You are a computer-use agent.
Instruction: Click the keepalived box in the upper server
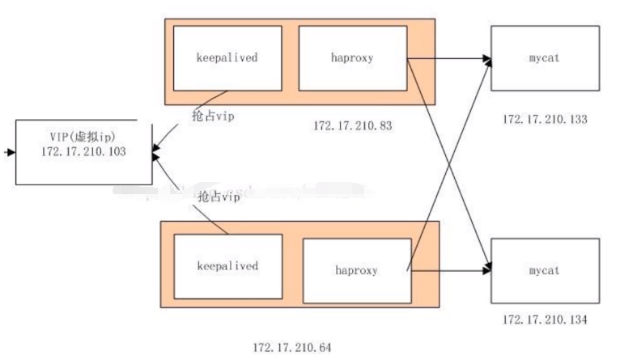pos(227,58)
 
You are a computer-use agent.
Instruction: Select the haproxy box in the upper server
pos(353,58)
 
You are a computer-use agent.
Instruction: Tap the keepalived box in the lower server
pos(227,266)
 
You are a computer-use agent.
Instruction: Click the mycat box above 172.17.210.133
pos(545,58)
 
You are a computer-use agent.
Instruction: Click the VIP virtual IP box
pos(83,152)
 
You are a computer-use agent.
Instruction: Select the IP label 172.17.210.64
pos(292,348)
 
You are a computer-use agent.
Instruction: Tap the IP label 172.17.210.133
pos(545,120)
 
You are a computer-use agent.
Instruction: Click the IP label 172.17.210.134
pos(545,321)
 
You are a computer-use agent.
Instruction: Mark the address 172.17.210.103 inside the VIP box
pos(83,152)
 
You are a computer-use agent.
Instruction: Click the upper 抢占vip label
pos(214,116)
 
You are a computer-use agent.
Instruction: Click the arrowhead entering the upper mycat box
pos(486,59)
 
